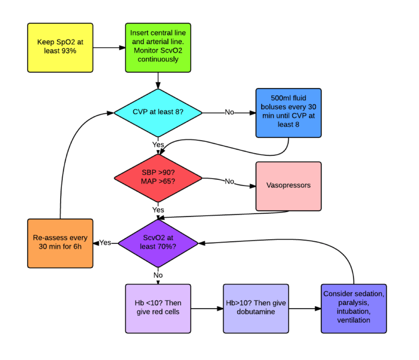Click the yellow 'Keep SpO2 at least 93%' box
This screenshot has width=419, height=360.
[x=60, y=48]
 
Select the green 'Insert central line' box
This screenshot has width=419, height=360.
[x=158, y=48]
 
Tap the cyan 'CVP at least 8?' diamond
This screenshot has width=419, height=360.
[x=158, y=112]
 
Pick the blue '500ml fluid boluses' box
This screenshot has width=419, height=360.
[x=288, y=113]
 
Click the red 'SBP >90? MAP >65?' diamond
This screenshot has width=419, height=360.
[x=158, y=178]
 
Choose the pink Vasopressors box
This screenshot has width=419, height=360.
[x=288, y=186]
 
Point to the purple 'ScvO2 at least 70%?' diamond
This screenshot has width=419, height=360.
[x=158, y=242]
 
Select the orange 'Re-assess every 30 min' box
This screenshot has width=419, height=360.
[x=60, y=243]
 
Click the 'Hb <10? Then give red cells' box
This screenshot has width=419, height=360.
[x=158, y=308]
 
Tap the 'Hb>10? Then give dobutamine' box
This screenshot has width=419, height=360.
[x=256, y=308]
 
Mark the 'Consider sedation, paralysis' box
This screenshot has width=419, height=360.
[x=353, y=308]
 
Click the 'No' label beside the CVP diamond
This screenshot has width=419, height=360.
[x=229, y=112]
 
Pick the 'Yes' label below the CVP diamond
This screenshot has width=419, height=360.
[x=158, y=145]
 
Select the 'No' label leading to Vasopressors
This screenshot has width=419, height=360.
[x=229, y=181]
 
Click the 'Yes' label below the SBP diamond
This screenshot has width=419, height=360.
[x=158, y=210]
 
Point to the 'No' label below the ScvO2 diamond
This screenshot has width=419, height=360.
[x=158, y=275]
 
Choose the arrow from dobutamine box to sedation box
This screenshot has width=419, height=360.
[x=305, y=308]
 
